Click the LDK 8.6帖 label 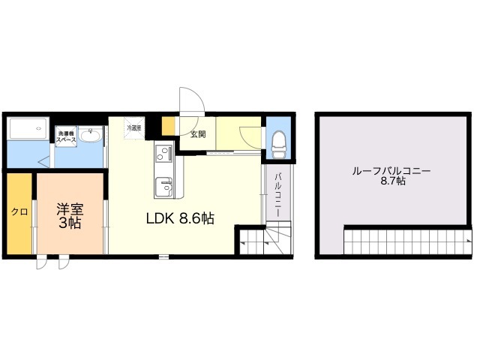pyautogui.click(x=179, y=219)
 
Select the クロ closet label pyautogui.click(x=19, y=212)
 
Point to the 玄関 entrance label pyautogui.click(x=198, y=135)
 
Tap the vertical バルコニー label pyautogui.click(x=277, y=193)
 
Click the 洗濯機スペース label pyautogui.click(x=66, y=136)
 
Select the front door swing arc pyautogui.click(x=190, y=101)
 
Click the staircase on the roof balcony pyautogui.click(x=405, y=241)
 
